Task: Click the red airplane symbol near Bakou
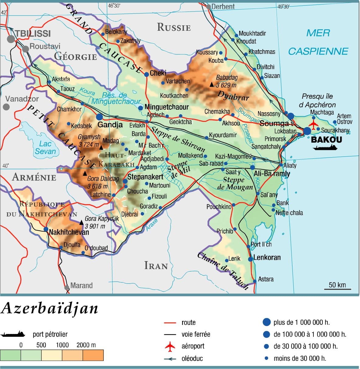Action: pyautogui.click(x=313, y=124)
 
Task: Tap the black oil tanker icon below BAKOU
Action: pyautogui.click(x=325, y=148)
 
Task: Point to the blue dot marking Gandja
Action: pyautogui.click(x=99, y=117)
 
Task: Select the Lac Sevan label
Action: pyautogui.click(x=45, y=147)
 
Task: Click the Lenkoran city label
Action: pyautogui.click(x=267, y=257)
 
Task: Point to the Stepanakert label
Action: pyautogui.click(x=145, y=177)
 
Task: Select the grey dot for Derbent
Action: pyautogui.click(x=208, y=6)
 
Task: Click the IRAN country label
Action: pyautogui.click(x=156, y=266)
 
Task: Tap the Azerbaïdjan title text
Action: pyautogui.click(x=50, y=308)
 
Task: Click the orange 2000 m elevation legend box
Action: pyautogui.click(x=93, y=355)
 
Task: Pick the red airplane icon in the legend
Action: pyautogui.click(x=170, y=346)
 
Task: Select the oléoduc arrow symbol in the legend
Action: pyautogui.click(x=170, y=359)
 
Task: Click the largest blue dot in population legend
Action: pyautogui.click(x=266, y=322)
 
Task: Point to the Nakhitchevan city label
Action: pyautogui.click(x=69, y=232)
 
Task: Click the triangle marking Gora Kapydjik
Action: pyautogui.click(x=81, y=223)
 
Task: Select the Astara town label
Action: pyautogui.click(x=266, y=279)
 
